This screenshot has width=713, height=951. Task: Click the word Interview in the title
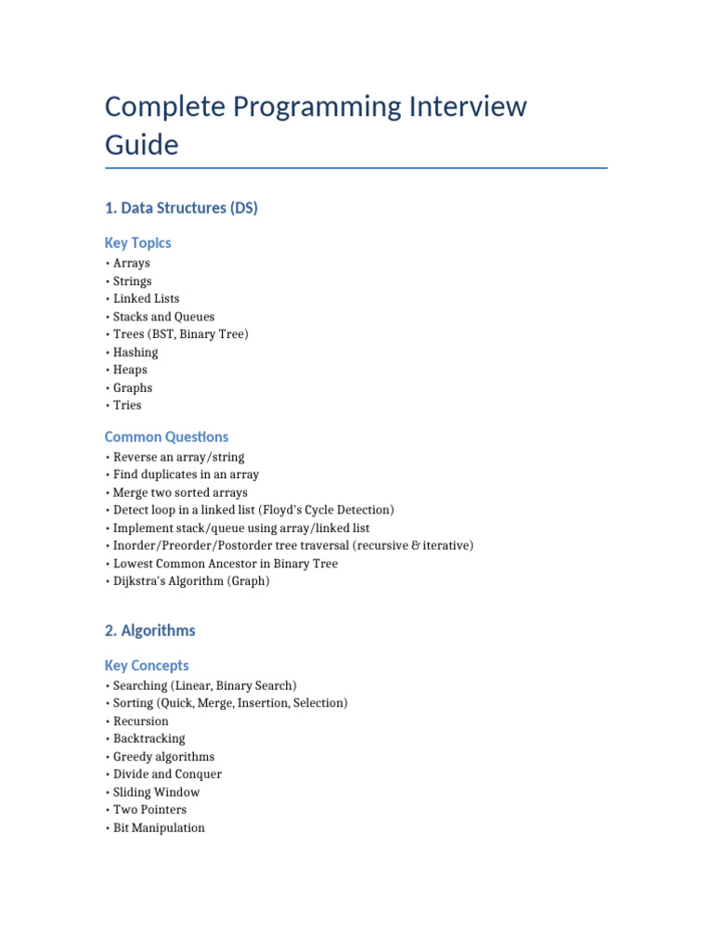[467, 107]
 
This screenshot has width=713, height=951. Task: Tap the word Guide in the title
[141, 146]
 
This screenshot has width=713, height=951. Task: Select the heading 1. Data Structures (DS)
[181, 208]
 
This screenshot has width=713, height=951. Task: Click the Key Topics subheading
[137, 242]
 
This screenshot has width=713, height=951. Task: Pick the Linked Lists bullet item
[146, 299]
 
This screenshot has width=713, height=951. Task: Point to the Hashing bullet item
[136, 352]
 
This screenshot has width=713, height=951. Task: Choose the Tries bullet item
[127, 405]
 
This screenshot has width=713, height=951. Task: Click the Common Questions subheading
[166, 436]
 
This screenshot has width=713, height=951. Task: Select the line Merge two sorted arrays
[180, 492]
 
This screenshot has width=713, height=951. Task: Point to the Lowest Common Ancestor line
[225, 564]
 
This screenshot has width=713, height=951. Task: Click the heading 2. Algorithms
[149, 631]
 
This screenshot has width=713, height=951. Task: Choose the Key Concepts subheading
[147, 665]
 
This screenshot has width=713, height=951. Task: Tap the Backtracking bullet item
[149, 739]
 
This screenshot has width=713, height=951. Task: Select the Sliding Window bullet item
[156, 792]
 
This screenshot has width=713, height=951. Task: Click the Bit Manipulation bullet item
[159, 827]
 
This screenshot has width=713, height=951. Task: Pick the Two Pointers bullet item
[149, 810]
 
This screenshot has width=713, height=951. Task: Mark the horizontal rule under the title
[356, 168]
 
